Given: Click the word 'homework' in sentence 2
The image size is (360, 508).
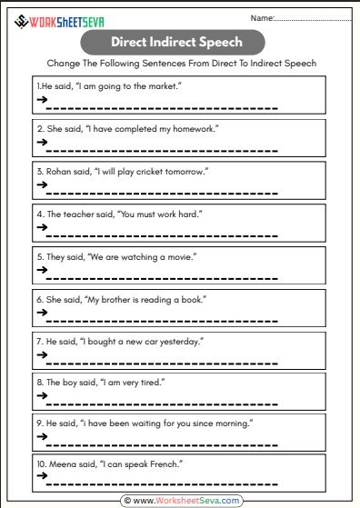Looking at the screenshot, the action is (194, 128).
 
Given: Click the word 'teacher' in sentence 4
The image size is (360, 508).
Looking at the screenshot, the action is (80, 214).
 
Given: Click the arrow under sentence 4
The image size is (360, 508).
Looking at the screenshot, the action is (42, 227).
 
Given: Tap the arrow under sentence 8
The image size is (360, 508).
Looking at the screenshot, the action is (42, 396).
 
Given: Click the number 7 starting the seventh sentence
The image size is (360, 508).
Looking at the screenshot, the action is (39, 341).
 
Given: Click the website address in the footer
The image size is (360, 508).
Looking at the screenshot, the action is (187, 500).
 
